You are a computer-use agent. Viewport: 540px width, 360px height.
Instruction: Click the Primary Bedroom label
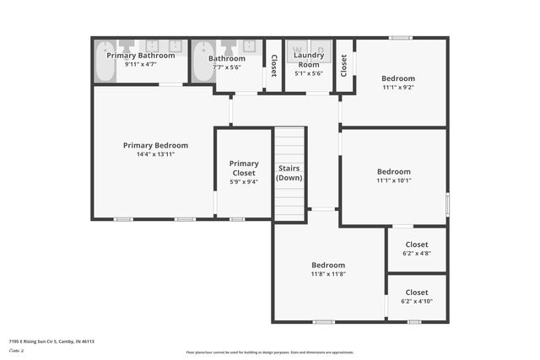pos(155,145)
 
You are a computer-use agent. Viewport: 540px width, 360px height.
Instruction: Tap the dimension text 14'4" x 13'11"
pos(155,154)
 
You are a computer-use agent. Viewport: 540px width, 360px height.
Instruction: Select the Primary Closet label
pos(244,168)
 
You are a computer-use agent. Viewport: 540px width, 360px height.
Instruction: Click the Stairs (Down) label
pos(289,173)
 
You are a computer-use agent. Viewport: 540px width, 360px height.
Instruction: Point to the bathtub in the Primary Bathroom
pos(104,62)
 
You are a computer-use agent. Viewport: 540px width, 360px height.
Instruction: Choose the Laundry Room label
pos(309,60)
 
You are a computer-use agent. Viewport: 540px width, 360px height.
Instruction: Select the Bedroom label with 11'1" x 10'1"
pos(394,171)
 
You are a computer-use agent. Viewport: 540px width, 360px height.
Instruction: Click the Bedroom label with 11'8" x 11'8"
pos(328,264)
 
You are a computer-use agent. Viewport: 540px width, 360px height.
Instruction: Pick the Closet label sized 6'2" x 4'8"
pos(417,244)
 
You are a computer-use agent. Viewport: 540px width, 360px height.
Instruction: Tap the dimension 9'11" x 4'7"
pos(140,64)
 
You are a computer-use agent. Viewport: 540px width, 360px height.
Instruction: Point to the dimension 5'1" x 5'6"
pos(309,73)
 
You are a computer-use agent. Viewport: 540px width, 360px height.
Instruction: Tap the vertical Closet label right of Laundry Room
pos(343,64)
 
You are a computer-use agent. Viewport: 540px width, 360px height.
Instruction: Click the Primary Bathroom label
pos(140,56)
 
